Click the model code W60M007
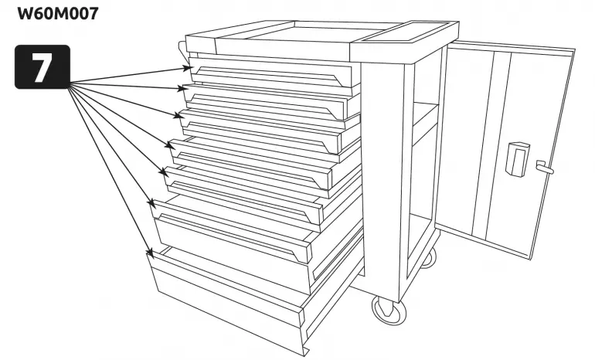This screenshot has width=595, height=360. pyautogui.click(x=58, y=14)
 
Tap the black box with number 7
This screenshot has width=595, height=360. pyautogui.click(x=42, y=66)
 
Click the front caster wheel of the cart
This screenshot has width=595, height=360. pyautogui.click(x=389, y=309)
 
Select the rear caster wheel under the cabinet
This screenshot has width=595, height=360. pyautogui.click(x=430, y=258)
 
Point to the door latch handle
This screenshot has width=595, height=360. pyautogui.click(x=545, y=167)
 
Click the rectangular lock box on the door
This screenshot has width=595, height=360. pyautogui.click(x=518, y=159)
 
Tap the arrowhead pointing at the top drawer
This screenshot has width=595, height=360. pyautogui.click(x=186, y=68)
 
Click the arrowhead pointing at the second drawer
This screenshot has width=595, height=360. pyautogui.click(x=182, y=89)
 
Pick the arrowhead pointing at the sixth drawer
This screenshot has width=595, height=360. pyautogui.click(x=151, y=203)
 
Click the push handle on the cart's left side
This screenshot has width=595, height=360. pyautogui.click(x=182, y=52)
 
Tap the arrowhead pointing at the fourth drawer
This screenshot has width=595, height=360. pyautogui.click(x=170, y=145)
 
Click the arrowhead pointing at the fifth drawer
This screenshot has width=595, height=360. pyautogui.click(x=164, y=172)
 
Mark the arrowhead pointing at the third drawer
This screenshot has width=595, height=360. pyautogui.click(x=178, y=115)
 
